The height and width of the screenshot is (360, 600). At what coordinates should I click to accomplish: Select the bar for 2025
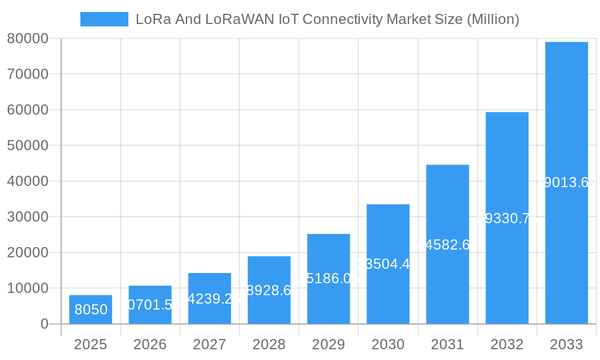pos(90,310)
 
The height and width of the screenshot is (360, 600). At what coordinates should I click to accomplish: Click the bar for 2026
pos(150,305)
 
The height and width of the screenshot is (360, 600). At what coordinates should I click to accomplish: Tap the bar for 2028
pos(269,290)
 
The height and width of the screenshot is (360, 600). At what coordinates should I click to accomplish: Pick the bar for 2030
pos(388,264)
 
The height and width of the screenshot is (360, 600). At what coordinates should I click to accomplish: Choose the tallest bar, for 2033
pos(566,183)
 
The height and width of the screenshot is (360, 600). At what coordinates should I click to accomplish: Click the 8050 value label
pos(91,310)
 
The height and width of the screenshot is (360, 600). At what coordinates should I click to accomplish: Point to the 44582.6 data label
pos(447,245)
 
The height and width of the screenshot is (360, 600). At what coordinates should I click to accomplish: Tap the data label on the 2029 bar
pos(328,278)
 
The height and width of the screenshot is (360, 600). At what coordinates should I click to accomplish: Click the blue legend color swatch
pos(104,19)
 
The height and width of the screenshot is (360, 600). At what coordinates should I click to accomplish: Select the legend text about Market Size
pos(327,19)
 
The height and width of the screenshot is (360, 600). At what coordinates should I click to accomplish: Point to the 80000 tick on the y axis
pos(28,39)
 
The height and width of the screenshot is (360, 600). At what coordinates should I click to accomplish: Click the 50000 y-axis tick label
pos(28,146)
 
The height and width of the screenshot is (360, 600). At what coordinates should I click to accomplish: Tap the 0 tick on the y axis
pos(44,324)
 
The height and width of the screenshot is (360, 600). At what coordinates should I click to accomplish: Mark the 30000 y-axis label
pos(28,217)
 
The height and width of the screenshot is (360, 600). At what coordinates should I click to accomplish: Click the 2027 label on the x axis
pos(209,344)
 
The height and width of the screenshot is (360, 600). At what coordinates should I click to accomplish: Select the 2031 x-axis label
pos(447,344)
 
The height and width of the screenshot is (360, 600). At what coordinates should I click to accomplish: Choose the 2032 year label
pos(507,344)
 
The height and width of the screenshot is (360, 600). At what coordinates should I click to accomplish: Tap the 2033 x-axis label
pos(566,344)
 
